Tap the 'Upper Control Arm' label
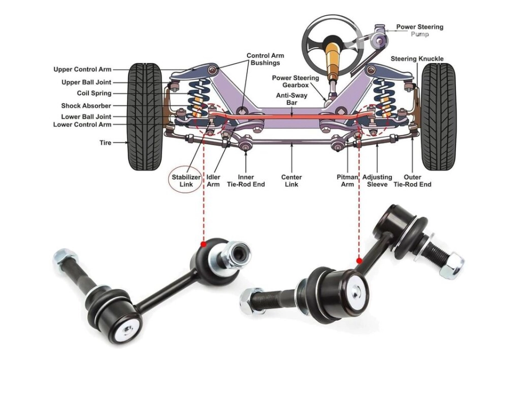(x=82, y=70)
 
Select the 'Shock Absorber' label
(x=86, y=106)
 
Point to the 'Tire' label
(x=105, y=143)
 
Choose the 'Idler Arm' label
(x=213, y=181)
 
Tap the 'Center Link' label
(x=291, y=181)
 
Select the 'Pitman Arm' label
(x=348, y=181)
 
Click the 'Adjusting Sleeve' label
(x=377, y=181)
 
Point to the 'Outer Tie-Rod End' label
(x=413, y=181)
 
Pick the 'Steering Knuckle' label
(x=417, y=59)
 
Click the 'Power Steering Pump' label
(x=419, y=30)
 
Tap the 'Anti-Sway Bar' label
(x=291, y=99)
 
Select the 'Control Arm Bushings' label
(x=265, y=59)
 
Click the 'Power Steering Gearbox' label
(x=296, y=81)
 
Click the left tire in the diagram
(x=145, y=116)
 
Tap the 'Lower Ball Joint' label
(x=86, y=117)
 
